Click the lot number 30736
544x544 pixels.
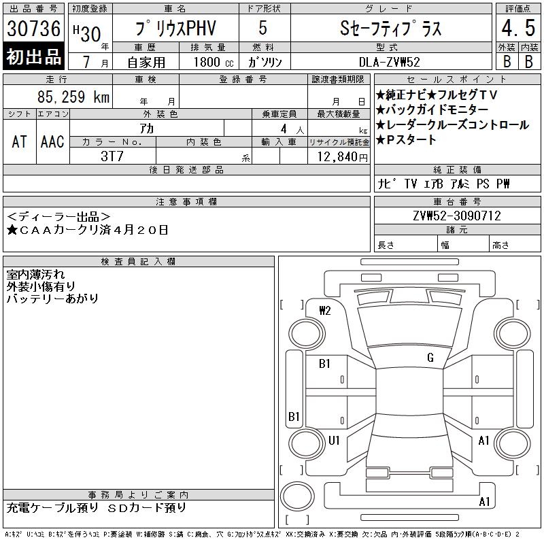[x=33, y=29]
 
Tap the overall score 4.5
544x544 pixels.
[x=518, y=28]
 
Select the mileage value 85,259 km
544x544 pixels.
[x=73, y=97]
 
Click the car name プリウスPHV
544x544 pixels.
[x=176, y=28]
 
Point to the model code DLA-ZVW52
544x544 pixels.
[x=389, y=62]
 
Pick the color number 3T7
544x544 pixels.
[x=112, y=156]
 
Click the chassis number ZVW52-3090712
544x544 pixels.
[x=457, y=216]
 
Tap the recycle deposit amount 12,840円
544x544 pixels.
[x=342, y=157]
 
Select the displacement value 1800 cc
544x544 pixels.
[x=214, y=62]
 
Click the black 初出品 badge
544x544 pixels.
[x=33, y=56]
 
